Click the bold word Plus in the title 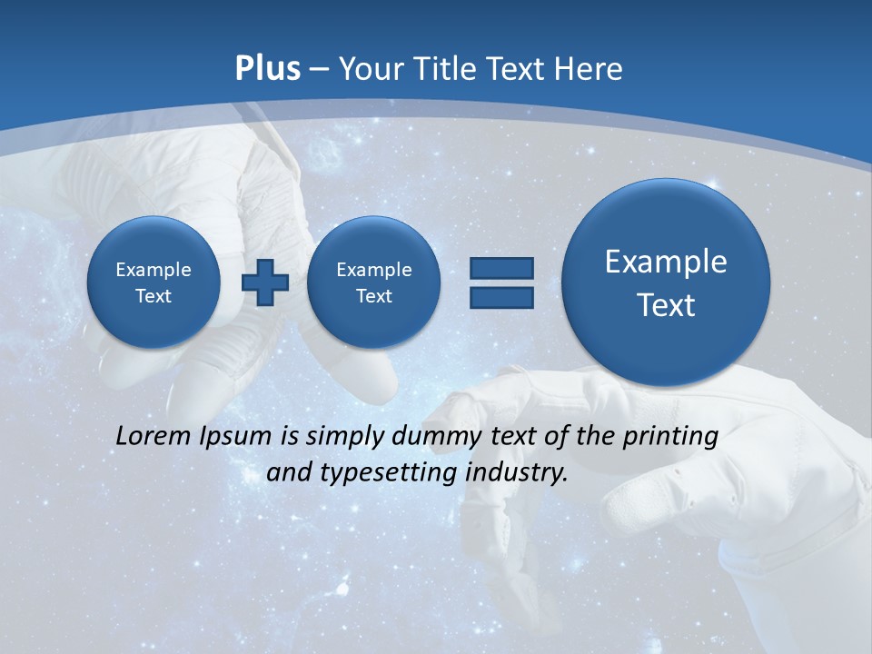[x=267, y=69]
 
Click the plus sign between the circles [x=265, y=282]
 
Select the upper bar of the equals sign [x=501, y=269]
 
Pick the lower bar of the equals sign [x=501, y=297]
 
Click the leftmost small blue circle [x=154, y=282]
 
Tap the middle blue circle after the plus [x=374, y=282]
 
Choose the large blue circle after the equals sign [x=666, y=282]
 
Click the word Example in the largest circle [x=666, y=262]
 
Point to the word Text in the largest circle [x=666, y=305]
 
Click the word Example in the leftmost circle [x=154, y=270]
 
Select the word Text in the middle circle [x=374, y=296]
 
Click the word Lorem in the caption [x=154, y=436]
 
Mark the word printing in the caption [x=670, y=436]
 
